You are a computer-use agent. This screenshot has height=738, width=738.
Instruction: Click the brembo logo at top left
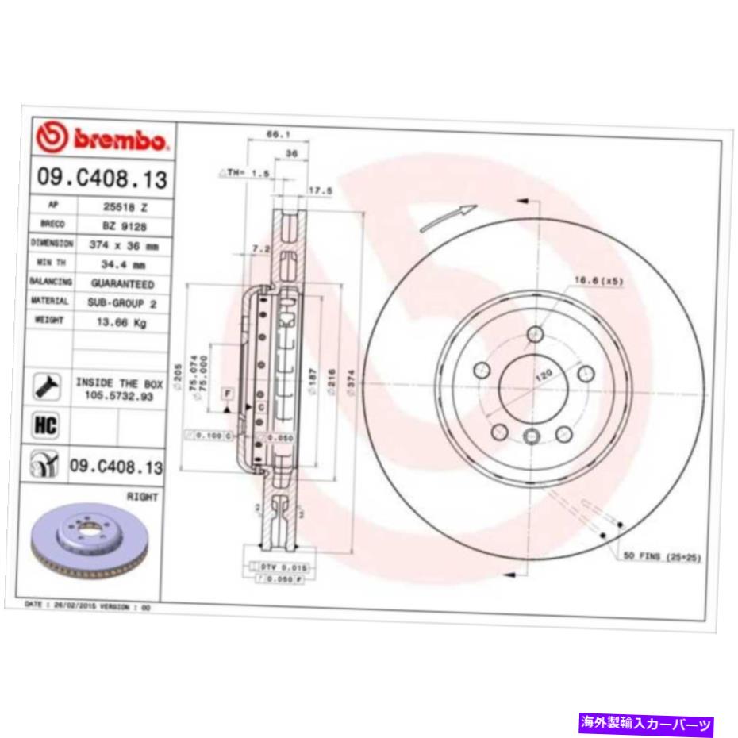click(102, 140)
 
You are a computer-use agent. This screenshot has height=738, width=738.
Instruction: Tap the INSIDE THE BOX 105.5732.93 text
click(118, 390)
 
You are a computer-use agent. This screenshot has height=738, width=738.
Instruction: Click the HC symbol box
click(46, 426)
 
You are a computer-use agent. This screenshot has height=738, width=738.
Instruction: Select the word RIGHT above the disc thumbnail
click(142, 497)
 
